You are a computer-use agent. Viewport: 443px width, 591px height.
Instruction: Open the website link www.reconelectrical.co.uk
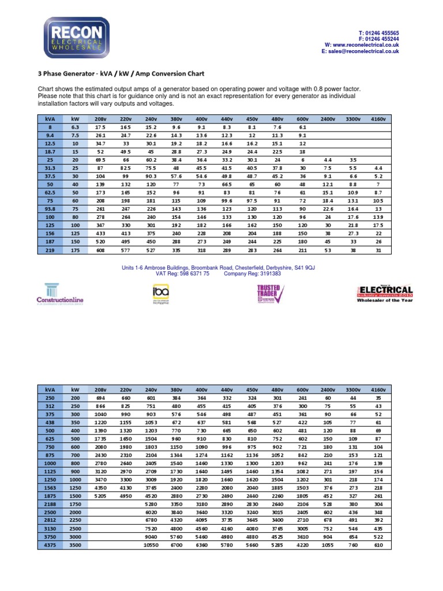[366, 45]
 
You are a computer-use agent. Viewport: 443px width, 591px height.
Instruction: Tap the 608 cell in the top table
[100, 251]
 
